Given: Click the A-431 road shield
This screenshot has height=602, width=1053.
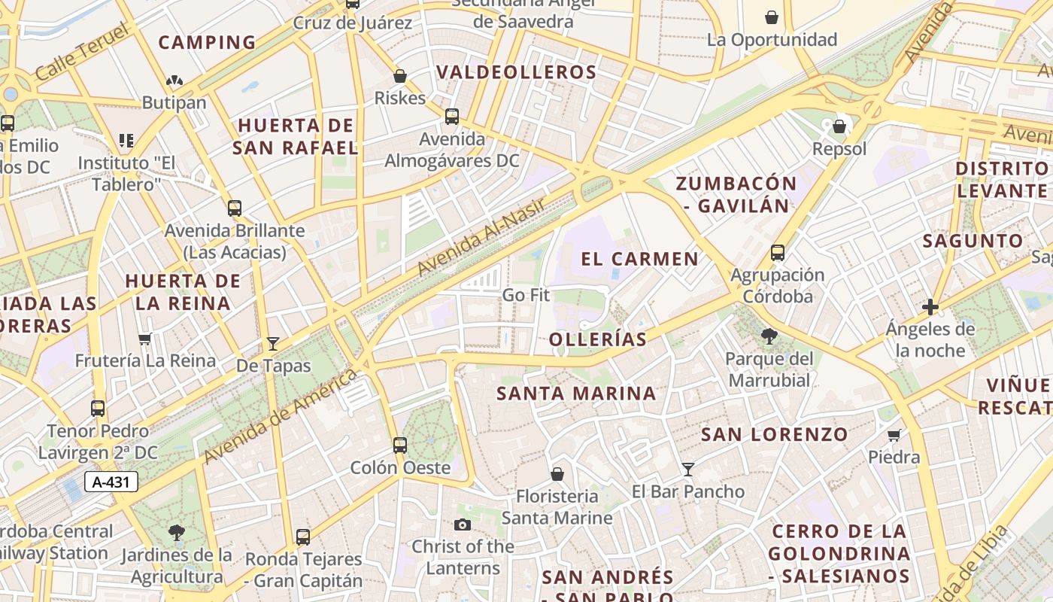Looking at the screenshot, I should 111,482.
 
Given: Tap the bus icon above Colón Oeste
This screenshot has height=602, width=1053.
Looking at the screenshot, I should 400,445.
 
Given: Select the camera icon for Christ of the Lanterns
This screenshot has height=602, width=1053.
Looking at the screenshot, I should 463,524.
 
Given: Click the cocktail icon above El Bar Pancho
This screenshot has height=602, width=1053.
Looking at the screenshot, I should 687,470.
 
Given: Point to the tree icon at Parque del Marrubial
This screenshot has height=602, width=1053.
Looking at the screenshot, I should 769,336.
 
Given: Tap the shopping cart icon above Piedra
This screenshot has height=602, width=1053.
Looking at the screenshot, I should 894,435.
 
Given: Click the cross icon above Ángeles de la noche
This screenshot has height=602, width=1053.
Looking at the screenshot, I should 930,307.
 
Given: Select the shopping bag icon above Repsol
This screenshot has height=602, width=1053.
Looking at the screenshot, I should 839,126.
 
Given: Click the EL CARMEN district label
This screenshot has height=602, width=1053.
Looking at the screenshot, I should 640,260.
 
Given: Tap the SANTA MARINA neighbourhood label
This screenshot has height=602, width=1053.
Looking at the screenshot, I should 576,394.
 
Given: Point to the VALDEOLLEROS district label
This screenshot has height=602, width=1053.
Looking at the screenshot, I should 516,73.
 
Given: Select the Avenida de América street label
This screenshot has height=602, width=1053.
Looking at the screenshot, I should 280,416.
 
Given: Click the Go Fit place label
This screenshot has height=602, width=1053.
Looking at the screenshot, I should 526,295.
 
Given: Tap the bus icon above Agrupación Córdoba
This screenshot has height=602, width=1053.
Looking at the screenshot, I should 778,253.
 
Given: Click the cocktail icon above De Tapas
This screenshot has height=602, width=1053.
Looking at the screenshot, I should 273,344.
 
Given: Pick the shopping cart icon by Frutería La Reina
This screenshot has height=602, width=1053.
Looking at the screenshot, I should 145,339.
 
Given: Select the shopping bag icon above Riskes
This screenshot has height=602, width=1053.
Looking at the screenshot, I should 400,76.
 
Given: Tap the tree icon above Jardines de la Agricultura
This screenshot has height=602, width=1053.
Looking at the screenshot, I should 177,533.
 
